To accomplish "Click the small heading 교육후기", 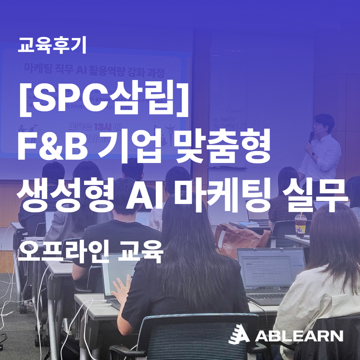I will [52, 46].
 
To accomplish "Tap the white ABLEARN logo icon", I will [238, 334].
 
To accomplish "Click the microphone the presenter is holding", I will [311, 136].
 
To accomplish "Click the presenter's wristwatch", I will [313, 154].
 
